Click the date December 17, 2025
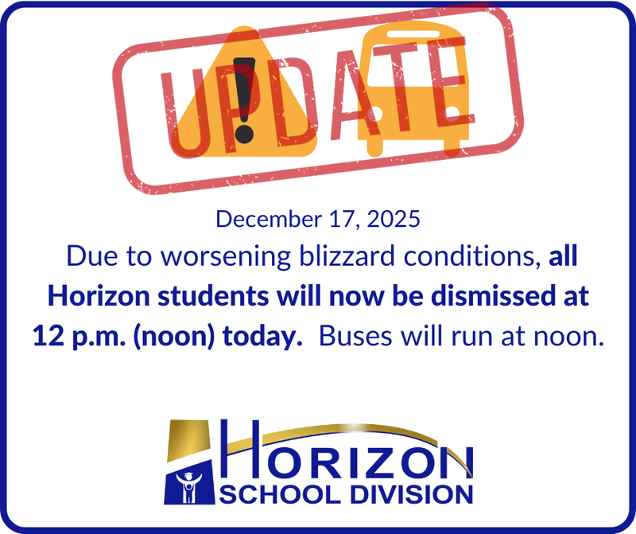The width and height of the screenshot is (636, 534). tap(317, 220)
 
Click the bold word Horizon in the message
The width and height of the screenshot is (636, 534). tap(89, 296)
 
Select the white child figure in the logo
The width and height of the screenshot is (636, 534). tap(189, 488)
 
